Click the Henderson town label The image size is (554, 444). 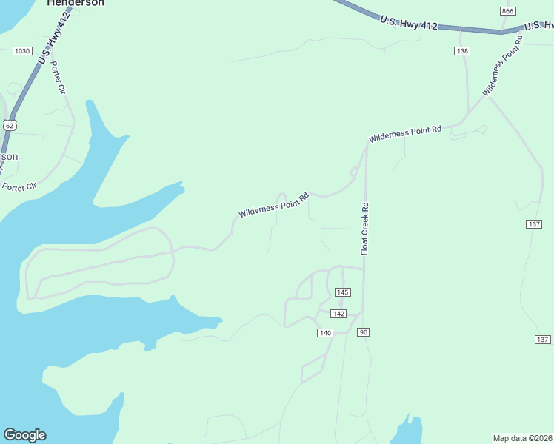pos(76,3)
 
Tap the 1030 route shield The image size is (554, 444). pos(22,51)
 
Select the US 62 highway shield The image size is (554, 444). pos(9,125)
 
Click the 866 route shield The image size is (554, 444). pos(507,11)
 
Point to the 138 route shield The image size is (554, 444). pos(462,51)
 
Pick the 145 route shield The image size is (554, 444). pos(341,292)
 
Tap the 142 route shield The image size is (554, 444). pos(338,314)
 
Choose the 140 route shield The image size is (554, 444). pos(325,333)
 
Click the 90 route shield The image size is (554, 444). pos(363,332)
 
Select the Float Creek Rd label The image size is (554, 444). pos(365,229)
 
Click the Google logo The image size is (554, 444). pos(24,435)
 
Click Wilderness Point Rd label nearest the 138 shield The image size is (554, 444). pos(405,134)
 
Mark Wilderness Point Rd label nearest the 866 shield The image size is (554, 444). pos(503,66)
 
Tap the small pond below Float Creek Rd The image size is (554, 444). pos(407,431)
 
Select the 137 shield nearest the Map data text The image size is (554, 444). pos(543,339)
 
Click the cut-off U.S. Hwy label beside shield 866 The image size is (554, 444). pos(538,26)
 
